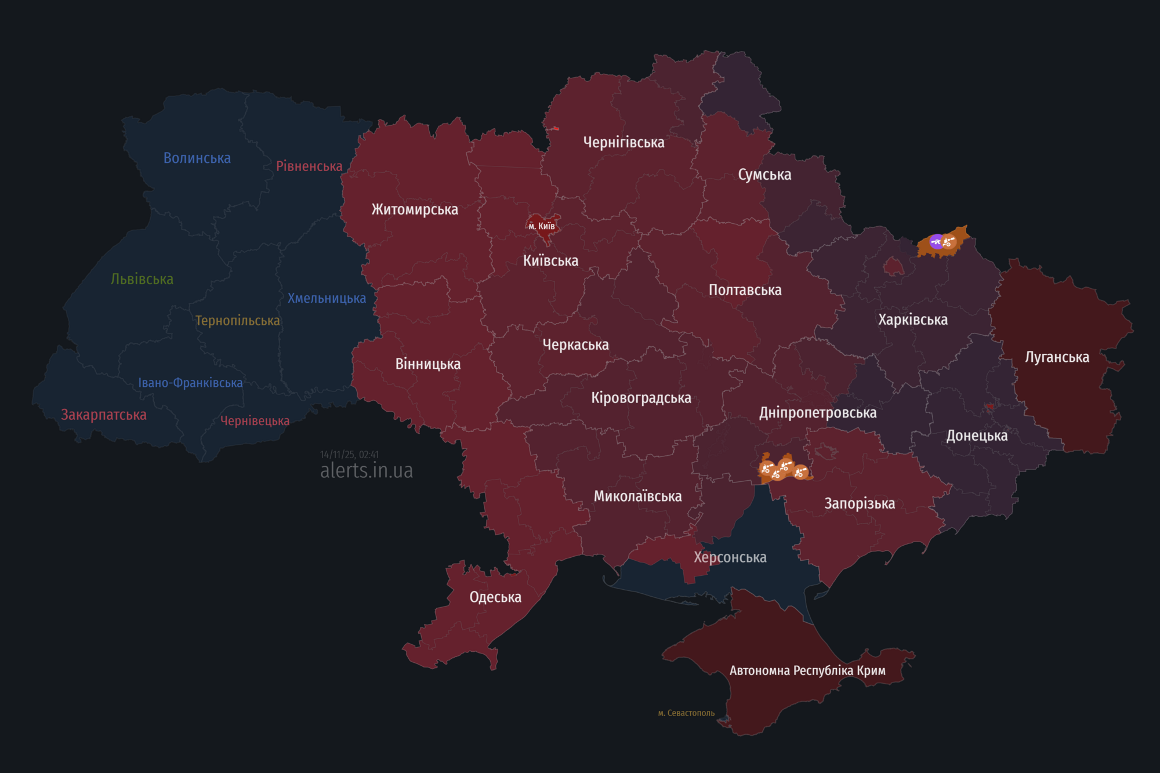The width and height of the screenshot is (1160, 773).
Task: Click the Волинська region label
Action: [x=197, y=158]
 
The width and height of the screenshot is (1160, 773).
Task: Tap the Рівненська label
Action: [x=309, y=166]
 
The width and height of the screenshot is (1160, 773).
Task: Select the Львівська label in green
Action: [x=142, y=279]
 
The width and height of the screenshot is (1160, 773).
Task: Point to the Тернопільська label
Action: [x=237, y=321]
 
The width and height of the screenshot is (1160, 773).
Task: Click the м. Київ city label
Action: [x=542, y=226]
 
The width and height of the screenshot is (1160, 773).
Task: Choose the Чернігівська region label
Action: [x=623, y=142]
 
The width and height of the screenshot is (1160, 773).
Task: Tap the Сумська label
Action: [x=764, y=175]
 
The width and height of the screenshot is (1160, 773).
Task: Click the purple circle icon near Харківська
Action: [x=936, y=242]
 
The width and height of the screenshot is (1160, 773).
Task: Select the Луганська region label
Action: [x=1057, y=357]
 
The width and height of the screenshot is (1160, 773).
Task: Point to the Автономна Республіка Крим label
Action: [x=807, y=670]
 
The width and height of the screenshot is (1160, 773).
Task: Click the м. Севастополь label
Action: [x=686, y=713]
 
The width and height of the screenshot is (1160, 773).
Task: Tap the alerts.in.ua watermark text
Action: [x=367, y=470]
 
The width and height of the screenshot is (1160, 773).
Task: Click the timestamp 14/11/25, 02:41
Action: [x=349, y=455]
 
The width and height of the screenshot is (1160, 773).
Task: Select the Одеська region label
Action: [x=495, y=597]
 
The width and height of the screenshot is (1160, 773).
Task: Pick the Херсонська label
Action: [x=730, y=557]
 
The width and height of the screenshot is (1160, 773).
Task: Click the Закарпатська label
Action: [x=104, y=415]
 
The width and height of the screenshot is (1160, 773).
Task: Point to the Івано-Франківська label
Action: [x=190, y=383]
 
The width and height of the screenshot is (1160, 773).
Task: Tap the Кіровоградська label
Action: [x=641, y=398]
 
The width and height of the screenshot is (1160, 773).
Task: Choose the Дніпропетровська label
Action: [x=818, y=413]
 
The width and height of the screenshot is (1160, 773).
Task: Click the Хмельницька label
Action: [x=327, y=299]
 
